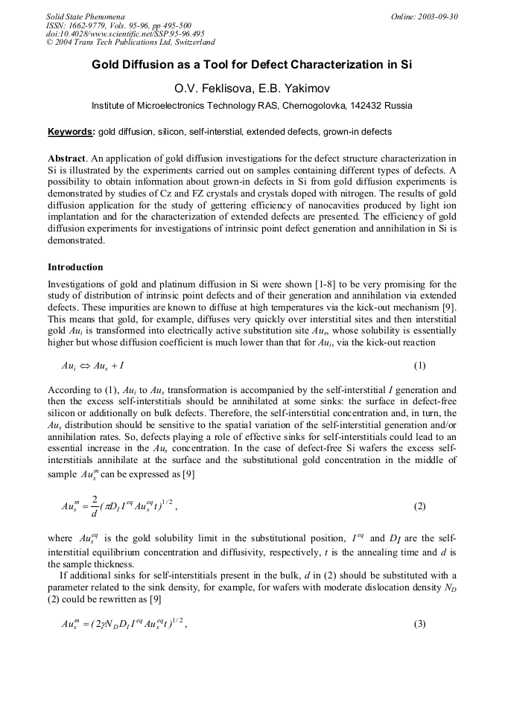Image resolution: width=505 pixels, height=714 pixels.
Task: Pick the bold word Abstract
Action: click(x=66, y=159)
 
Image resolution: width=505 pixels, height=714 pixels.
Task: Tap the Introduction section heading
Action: click(x=75, y=267)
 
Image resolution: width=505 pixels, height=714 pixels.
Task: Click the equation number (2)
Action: click(x=419, y=506)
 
